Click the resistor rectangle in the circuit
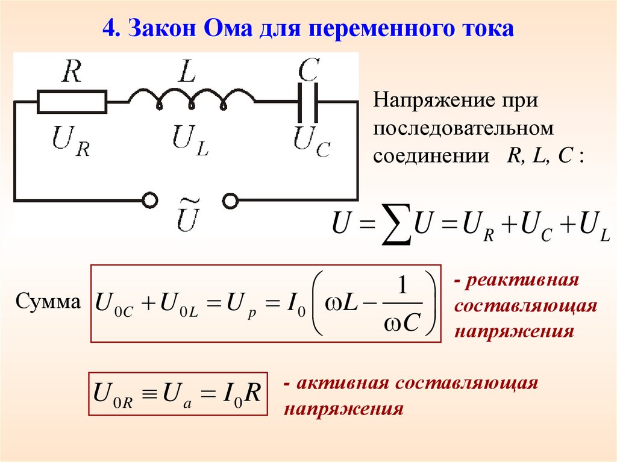(x=72, y=102)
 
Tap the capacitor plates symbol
(x=308, y=102)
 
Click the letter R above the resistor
(x=72, y=72)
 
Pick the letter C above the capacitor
(x=308, y=70)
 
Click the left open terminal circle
(x=148, y=200)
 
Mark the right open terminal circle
(x=231, y=200)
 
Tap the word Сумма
(x=49, y=301)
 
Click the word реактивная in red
(x=522, y=280)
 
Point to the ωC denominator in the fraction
(x=401, y=323)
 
